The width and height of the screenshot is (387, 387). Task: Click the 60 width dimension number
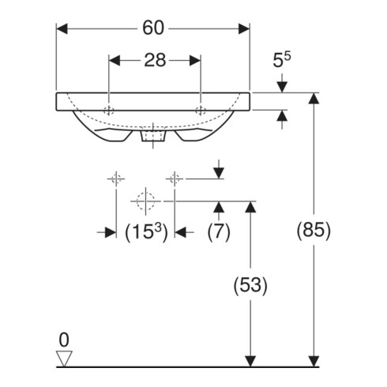coord(153,28)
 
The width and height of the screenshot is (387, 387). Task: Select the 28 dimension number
coord(155,60)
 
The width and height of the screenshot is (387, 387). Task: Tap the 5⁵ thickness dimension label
coord(281,60)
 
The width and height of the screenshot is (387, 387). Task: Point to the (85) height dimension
coord(314,230)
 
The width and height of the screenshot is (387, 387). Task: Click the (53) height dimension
coord(250,285)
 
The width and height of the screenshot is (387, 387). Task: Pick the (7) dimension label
coord(219,232)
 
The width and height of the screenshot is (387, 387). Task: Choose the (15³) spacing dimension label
coord(146,232)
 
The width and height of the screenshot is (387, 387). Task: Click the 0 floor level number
coord(64,340)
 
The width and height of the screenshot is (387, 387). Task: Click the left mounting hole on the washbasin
coord(109,111)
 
